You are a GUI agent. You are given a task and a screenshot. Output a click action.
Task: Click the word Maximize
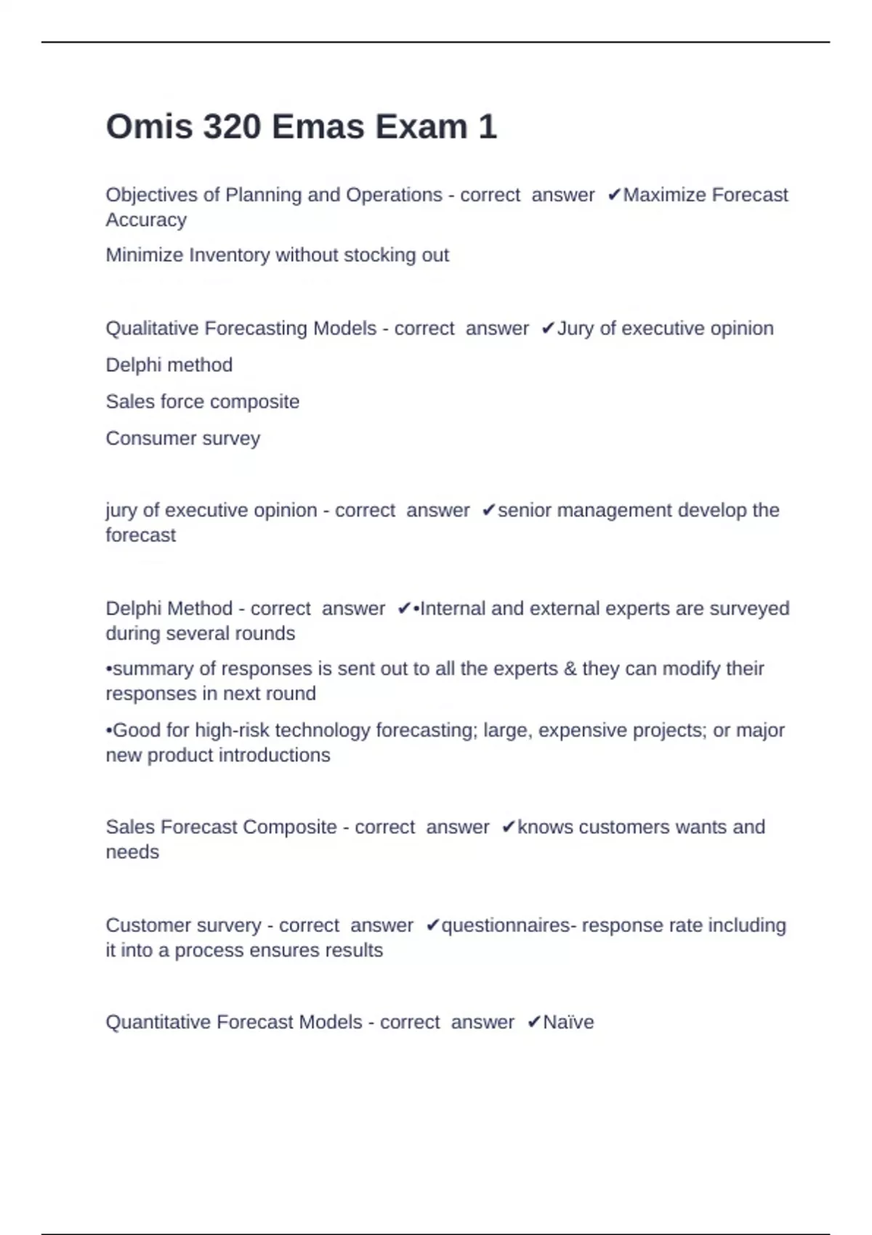coord(664,195)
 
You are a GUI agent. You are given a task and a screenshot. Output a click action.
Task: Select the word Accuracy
coord(146,219)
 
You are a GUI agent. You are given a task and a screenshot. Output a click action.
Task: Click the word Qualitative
coord(151,328)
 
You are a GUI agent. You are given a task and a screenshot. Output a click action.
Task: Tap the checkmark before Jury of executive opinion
coord(548,328)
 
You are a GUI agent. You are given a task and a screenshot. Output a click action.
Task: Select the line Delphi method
coord(169,365)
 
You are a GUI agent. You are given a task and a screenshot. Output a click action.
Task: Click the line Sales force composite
coord(202,402)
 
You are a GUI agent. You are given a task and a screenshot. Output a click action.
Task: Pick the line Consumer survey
coord(182,439)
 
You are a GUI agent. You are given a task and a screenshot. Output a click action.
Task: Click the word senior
coord(525,510)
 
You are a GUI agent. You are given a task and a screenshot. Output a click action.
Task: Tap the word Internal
coord(453,608)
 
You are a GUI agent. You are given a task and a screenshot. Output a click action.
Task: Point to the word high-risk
coord(232,730)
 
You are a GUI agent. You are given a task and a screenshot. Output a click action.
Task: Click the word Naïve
coord(568,1022)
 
